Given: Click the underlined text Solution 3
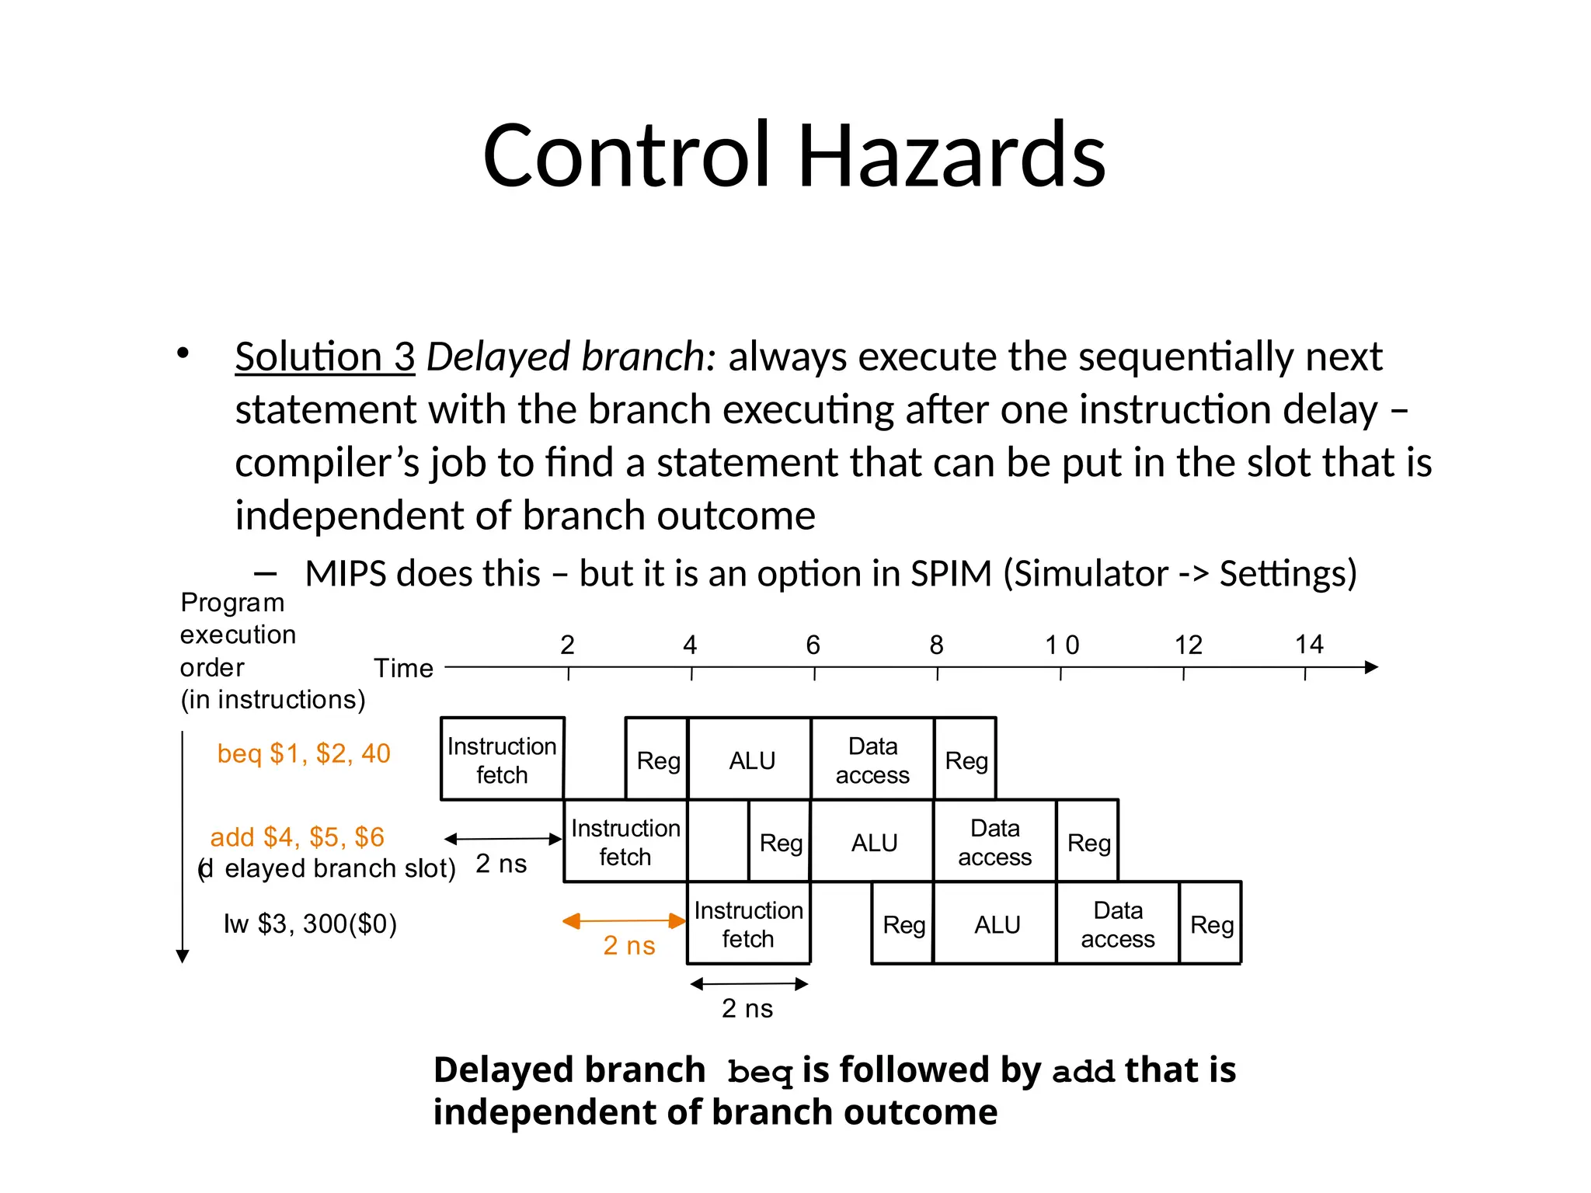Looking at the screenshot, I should [x=325, y=357].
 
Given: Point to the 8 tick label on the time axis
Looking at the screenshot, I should [x=936, y=645].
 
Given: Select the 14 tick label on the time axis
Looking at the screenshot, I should [x=1309, y=644].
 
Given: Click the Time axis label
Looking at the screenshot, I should [x=403, y=668].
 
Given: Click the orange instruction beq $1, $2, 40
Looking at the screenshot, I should [x=304, y=753].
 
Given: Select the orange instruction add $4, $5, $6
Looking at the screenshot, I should [x=298, y=836].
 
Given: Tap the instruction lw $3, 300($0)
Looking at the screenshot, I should [x=310, y=923].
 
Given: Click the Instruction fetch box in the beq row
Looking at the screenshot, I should [x=502, y=760].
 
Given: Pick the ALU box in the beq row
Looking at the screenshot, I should [x=751, y=760].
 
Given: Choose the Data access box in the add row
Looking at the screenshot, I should [x=994, y=842].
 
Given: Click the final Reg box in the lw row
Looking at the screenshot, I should [x=1211, y=924].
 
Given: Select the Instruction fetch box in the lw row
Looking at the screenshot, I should [x=748, y=924].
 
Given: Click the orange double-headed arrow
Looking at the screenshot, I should [x=624, y=921].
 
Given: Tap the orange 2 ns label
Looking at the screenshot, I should [x=629, y=945].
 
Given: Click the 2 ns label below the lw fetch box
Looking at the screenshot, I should [x=747, y=1008].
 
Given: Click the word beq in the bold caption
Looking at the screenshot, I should [x=760, y=1072].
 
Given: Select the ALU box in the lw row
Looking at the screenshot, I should [x=997, y=924].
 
